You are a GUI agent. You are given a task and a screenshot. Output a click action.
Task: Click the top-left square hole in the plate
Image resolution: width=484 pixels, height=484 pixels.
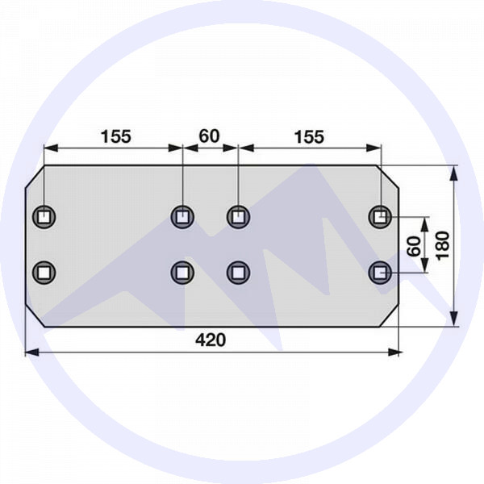coord(43,216)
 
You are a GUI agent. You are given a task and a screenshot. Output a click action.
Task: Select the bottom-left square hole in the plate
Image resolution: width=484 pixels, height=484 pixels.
coord(43,273)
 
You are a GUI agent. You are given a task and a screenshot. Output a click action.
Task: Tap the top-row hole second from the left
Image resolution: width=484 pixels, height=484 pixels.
coord(184,216)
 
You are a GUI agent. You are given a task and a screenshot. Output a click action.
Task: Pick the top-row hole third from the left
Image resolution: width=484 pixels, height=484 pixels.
coord(237,216)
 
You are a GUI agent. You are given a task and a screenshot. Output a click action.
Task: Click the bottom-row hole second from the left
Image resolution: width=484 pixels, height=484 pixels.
coord(184,273)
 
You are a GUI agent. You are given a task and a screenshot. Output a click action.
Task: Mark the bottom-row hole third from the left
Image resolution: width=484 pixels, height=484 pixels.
coord(237,273)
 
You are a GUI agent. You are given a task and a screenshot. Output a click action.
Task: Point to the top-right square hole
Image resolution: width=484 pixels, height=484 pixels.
coord(380,216)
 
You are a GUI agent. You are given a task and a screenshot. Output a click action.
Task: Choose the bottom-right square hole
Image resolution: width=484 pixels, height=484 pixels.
coord(380,273)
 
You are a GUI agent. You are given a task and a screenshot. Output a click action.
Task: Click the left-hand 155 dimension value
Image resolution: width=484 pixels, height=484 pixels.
coord(115,136)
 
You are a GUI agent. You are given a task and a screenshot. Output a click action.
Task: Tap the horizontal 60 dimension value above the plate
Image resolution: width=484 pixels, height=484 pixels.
coord(209,136)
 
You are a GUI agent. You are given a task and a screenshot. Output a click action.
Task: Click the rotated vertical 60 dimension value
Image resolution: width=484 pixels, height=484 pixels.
coord(414,246)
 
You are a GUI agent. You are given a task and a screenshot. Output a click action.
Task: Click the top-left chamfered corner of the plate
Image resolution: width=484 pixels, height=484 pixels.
coord(34,177)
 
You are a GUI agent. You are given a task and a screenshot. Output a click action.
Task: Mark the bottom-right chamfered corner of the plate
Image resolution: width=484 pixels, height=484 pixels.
coord(392,317)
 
